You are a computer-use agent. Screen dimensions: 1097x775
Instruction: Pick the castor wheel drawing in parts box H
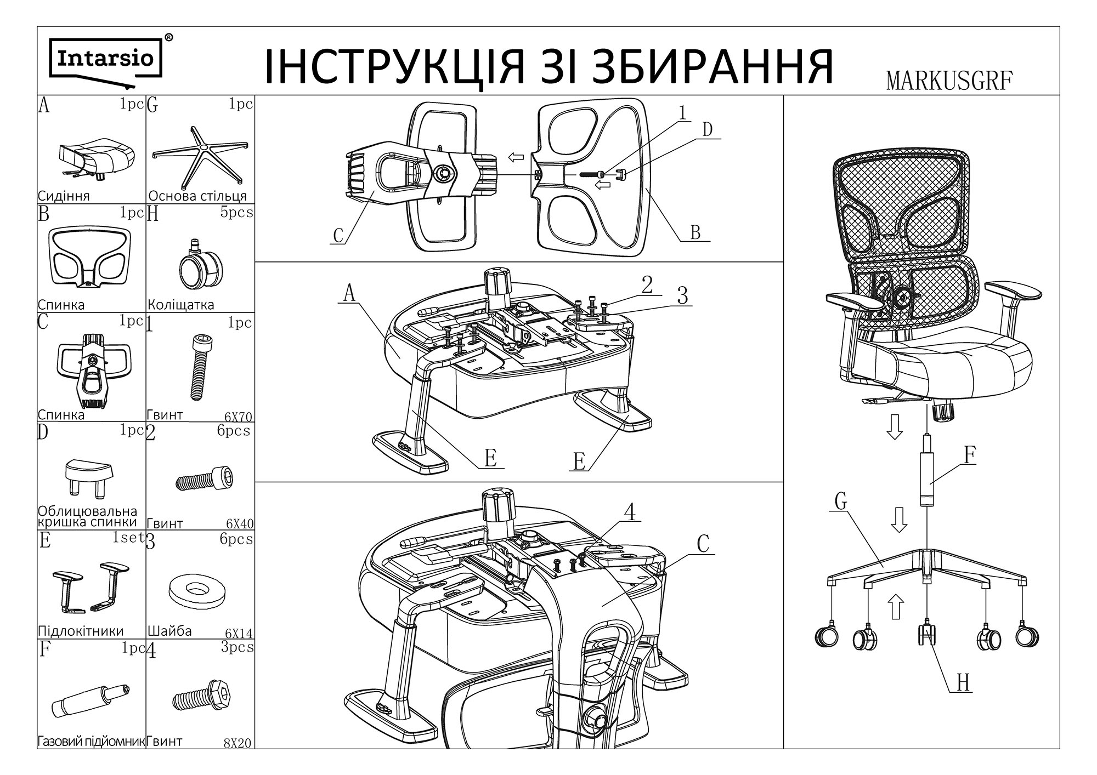coord(200,266)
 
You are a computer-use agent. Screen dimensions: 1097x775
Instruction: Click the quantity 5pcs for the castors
coord(237,212)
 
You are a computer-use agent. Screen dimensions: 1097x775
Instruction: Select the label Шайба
coord(169,631)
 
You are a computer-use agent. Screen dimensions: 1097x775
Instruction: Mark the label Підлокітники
coord(81,631)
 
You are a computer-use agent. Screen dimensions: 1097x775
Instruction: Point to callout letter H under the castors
coord(963,683)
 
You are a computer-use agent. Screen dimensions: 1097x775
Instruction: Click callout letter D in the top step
coord(708,129)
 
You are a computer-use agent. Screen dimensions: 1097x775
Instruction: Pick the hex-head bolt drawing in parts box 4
coord(200,697)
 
